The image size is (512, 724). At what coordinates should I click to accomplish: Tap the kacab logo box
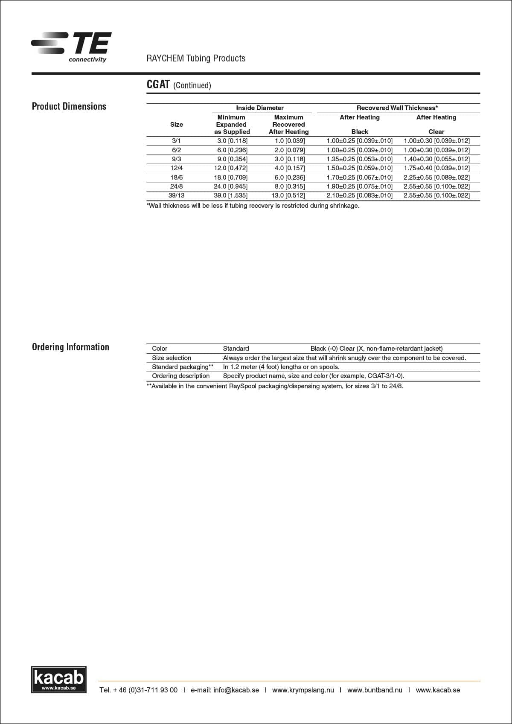point(58,679)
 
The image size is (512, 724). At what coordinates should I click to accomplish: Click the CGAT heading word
point(158,84)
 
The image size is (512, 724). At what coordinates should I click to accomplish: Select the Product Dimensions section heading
point(69,106)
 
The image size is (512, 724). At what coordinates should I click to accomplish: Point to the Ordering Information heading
point(70,347)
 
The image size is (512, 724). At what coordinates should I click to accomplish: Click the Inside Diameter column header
point(259,108)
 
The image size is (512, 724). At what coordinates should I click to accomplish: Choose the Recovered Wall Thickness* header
point(397,108)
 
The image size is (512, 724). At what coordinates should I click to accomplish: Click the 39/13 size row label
point(176,195)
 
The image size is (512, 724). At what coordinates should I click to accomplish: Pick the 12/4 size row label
point(176,168)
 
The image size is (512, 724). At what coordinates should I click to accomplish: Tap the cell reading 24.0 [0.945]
point(230,186)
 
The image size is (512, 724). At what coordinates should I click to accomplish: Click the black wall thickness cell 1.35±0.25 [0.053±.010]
point(359,159)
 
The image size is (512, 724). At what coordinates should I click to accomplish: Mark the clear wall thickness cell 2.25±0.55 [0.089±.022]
point(436,177)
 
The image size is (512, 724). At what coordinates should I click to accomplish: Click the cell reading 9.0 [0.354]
point(232,159)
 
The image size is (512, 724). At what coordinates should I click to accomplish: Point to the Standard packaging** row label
point(183,367)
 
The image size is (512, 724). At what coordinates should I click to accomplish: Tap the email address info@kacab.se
point(236,690)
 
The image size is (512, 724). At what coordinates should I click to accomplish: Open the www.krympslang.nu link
point(303,690)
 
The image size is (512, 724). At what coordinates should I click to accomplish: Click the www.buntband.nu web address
point(375,690)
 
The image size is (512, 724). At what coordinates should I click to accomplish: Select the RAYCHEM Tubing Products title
point(196,58)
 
